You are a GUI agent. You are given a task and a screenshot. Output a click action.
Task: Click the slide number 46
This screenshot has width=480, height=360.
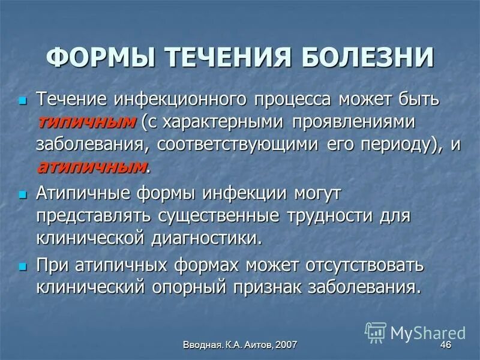coord(445,345)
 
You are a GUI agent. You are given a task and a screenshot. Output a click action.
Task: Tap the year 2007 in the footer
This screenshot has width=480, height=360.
coord(285,345)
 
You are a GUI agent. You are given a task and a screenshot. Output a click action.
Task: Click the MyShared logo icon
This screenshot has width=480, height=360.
coord(376,331)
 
